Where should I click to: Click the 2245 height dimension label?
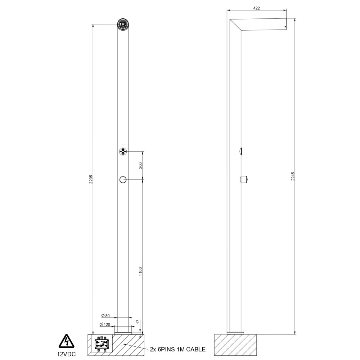click(293, 176)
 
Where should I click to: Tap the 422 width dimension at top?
click(256, 8)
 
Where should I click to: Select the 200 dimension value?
click(140, 165)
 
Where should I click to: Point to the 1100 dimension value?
click(140, 271)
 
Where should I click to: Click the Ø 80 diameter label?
click(105, 316)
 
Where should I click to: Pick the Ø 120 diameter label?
click(105, 325)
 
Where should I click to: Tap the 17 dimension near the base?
click(138, 322)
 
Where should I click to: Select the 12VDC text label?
click(66, 354)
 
